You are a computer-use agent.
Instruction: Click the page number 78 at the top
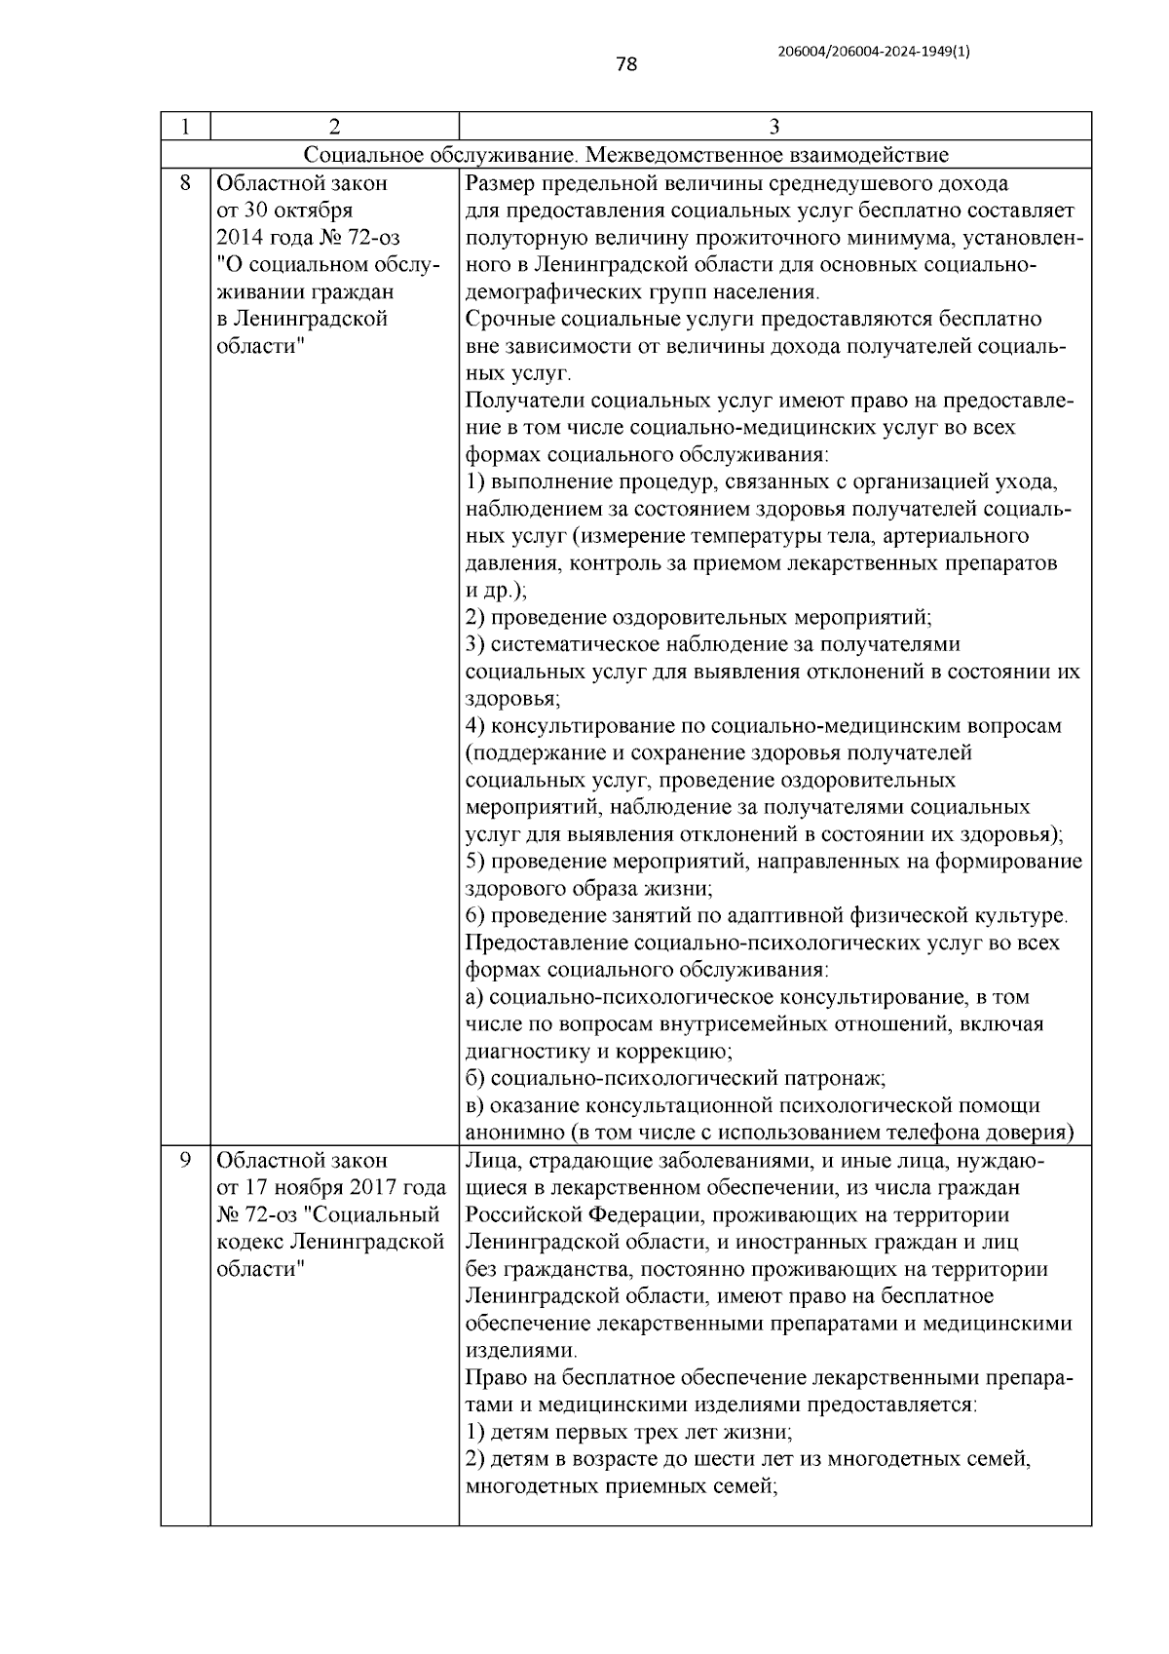(626, 65)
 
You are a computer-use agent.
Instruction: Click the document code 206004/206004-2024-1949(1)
(874, 52)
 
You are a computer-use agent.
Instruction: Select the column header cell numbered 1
(184, 127)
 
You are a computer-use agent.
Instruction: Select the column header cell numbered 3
(774, 127)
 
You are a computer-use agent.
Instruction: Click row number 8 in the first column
(184, 183)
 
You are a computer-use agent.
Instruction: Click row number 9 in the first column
(184, 1161)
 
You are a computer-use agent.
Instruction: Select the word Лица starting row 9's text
(488, 1161)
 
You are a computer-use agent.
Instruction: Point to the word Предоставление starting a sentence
(547, 943)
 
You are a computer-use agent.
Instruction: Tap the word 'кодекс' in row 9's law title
(248, 1243)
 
